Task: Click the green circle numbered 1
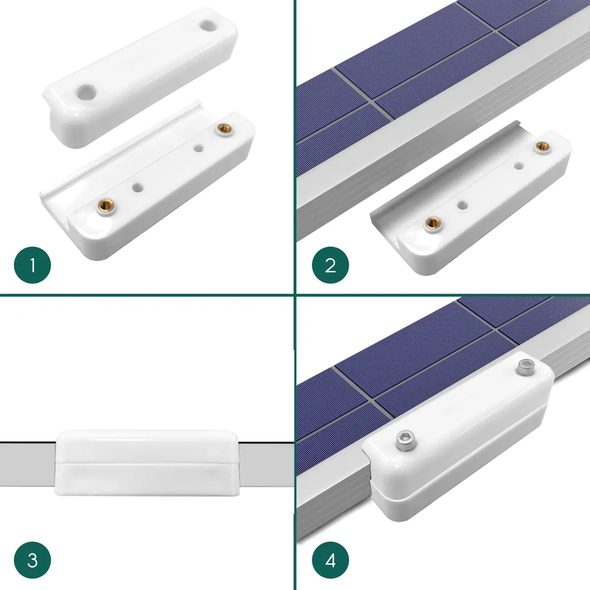(x=32, y=265)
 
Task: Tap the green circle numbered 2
(x=330, y=265)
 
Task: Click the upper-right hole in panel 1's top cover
(x=209, y=25)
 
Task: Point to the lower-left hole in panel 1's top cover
(x=87, y=91)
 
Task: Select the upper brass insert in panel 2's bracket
(x=542, y=147)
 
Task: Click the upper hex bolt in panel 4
(x=526, y=367)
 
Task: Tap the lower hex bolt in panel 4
(x=407, y=441)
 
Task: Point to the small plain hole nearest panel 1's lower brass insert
(x=138, y=187)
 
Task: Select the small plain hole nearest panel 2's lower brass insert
(x=462, y=205)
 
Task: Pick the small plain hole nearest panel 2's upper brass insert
(x=518, y=166)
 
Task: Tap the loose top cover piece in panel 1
(x=140, y=78)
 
